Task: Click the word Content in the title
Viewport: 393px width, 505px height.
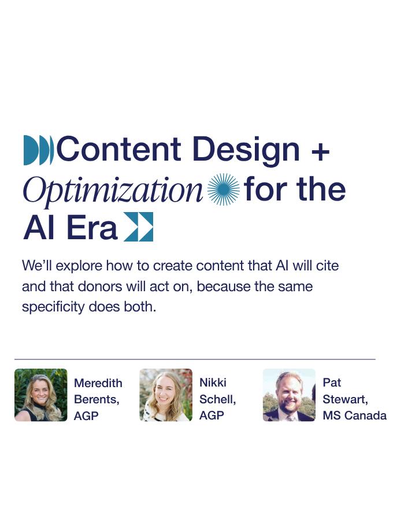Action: [118, 149]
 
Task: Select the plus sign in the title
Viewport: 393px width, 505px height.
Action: [321, 151]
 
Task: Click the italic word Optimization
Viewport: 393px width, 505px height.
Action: [113, 190]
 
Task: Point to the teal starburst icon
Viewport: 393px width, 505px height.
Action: [224, 190]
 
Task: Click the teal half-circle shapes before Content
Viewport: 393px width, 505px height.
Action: [39, 150]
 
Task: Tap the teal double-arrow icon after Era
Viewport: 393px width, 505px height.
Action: [139, 226]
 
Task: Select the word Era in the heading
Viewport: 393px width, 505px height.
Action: [92, 228]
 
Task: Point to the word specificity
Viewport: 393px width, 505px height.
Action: [54, 307]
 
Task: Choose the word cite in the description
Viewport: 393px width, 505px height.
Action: [327, 266]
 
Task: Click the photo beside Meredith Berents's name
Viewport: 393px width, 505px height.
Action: [41, 395]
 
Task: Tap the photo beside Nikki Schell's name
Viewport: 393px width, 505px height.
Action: [166, 395]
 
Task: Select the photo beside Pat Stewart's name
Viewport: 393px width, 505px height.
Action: [289, 395]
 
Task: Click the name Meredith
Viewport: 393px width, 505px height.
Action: [98, 383]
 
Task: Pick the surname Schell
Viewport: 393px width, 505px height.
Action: [218, 399]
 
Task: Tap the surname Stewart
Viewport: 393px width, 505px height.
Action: [346, 399]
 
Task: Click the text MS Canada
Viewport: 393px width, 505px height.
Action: [355, 415]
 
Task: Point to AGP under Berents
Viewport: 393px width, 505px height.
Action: [86, 416]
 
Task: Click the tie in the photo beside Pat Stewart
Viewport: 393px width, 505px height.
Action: [291, 418]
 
